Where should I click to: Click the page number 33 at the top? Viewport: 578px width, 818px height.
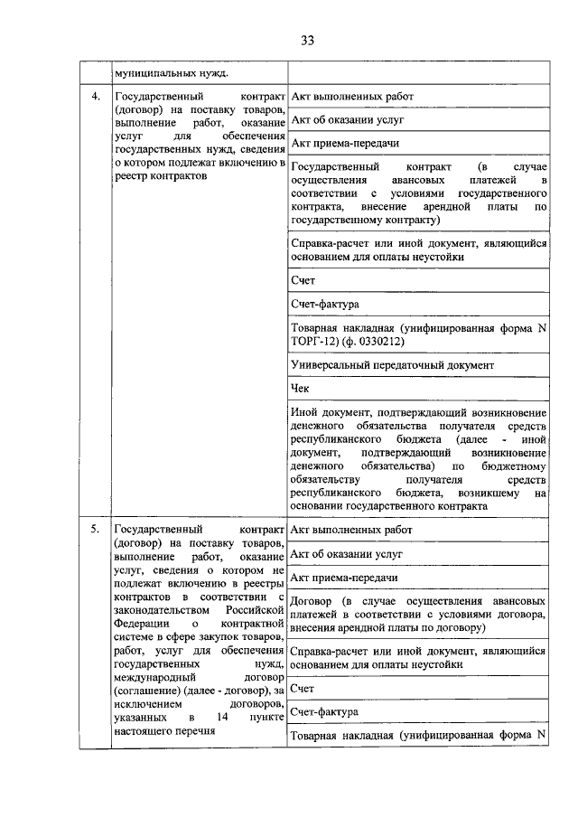pos(306,40)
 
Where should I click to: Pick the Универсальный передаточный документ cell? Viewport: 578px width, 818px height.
pos(392,365)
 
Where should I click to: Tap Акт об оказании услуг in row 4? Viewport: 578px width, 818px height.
pos(347,119)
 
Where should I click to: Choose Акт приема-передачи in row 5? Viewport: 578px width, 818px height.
pos(345,577)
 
